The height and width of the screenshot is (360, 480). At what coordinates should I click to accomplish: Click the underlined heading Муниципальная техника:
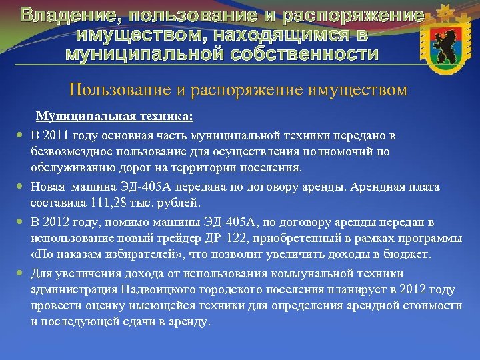(x=115, y=117)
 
